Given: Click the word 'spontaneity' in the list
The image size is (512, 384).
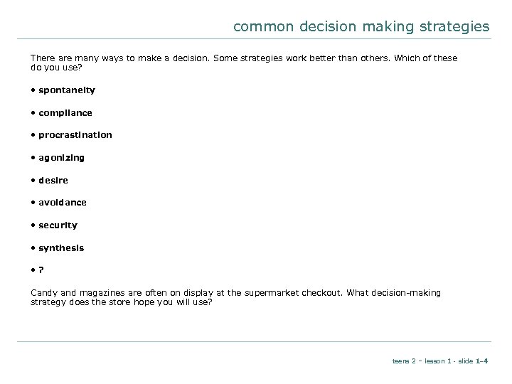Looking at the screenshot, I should [x=67, y=90].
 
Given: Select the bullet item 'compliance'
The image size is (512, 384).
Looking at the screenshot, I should [x=65, y=112].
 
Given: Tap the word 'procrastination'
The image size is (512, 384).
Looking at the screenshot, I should [x=75, y=135].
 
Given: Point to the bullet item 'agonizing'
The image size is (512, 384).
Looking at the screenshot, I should [x=62, y=157].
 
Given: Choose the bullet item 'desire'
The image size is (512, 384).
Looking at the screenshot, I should [x=54, y=180].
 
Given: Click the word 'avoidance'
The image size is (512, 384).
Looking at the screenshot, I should [x=63, y=203].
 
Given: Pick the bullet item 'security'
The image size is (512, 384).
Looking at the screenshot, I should [x=58, y=225].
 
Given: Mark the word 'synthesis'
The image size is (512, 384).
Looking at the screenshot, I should [x=61, y=247].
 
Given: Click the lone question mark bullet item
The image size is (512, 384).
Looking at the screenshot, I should [x=41, y=270].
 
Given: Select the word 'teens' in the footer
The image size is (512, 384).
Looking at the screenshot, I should [x=400, y=361].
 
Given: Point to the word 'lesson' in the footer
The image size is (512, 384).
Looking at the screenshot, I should [x=433, y=361].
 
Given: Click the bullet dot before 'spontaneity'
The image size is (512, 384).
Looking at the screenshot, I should [x=33, y=90].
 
